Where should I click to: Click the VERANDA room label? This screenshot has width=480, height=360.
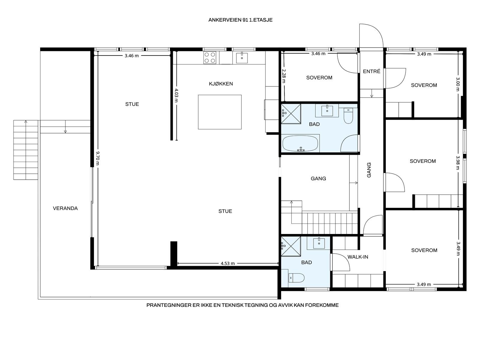[65, 208]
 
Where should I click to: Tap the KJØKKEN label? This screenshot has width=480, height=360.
[221, 84]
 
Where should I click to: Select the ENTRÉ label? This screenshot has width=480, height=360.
[371, 71]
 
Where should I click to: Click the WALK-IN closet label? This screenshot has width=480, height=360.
[358, 257]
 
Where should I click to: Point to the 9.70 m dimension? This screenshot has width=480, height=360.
[97, 158]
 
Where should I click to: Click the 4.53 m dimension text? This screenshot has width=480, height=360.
[228, 264]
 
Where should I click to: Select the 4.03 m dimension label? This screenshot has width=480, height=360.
[176, 95]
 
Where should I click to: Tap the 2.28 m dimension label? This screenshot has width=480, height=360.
[283, 76]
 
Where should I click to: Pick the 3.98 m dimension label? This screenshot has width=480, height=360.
[458, 163]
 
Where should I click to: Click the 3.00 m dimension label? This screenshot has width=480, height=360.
[458, 84]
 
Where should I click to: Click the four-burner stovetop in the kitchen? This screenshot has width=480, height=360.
[210, 58]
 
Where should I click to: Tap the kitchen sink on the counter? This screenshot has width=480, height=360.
[242, 58]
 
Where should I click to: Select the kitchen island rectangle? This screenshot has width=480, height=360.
[220, 112]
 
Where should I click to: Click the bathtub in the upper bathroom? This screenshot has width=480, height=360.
[300, 143]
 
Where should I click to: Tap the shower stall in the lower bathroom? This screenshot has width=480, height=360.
[291, 246]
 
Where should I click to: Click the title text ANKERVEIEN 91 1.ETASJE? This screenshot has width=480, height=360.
[240, 20]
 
